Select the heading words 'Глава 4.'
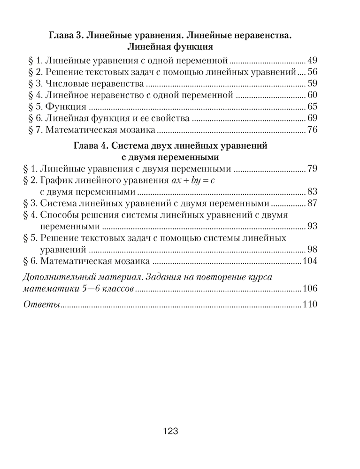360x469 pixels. coord(92,145)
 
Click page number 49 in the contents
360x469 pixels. coord(313,61)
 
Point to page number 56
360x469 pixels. coord(313,72)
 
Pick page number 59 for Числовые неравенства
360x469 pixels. coord(313,84)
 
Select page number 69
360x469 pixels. coord(313,118)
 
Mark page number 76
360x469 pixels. coord(313,130)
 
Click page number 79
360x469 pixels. coord(313,168)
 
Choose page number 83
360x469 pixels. coord(313,191)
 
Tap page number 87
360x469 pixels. coord(313,203)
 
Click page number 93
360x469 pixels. coord(313,226)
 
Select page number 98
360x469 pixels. coord(313,249)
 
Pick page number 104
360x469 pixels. coord(310,261)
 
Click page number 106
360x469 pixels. coord(310,288)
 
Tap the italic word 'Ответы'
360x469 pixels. coord(41,305)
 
